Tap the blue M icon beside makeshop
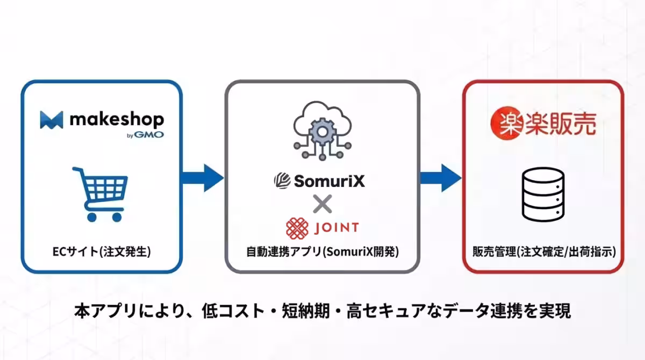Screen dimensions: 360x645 point(52,120)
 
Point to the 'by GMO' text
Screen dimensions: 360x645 point(146,135)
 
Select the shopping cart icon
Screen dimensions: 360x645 point(101,194)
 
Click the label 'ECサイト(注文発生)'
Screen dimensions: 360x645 point(102,251)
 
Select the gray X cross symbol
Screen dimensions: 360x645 point(322,204)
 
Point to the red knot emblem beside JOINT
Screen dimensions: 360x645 point(297,228)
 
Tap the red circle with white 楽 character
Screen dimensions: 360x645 point(505,123)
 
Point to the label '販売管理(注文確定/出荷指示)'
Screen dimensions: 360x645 point(543,251)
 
